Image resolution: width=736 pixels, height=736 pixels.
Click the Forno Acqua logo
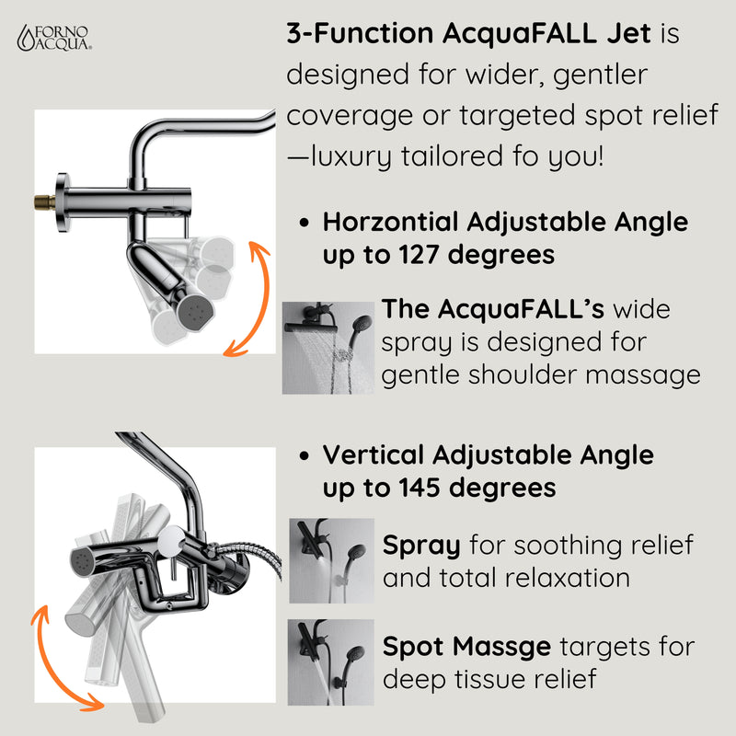56,38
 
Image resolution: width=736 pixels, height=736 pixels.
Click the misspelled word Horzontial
391,223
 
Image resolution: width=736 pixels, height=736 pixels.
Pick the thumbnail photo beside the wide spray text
328,348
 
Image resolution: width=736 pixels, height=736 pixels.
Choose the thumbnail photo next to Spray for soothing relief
332,560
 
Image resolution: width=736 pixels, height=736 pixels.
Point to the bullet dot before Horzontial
305,224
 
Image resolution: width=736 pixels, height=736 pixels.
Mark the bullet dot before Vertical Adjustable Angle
305,455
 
